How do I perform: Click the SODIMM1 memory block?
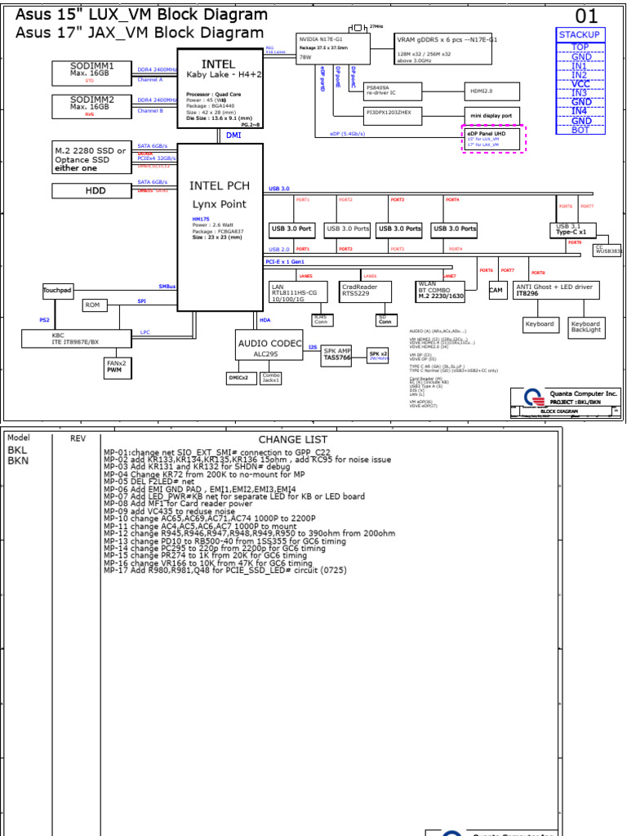(x=91, y=72)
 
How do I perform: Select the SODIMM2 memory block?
(x=91, y=106)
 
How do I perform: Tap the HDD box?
(x=91, y=191)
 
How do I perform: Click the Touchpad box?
(x=58, y=291)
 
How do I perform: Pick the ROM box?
(x=93, y=305)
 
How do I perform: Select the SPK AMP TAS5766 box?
(x=336, y=354)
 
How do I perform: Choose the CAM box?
(x=496, y=290)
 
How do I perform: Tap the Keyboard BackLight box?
(x=586, y=327)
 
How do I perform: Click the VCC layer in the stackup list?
(x=580, y=84)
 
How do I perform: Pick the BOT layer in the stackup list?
(x=580, y=130)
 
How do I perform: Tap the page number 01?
(x=586, y=16)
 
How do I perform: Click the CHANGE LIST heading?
(x=292, y=439)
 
